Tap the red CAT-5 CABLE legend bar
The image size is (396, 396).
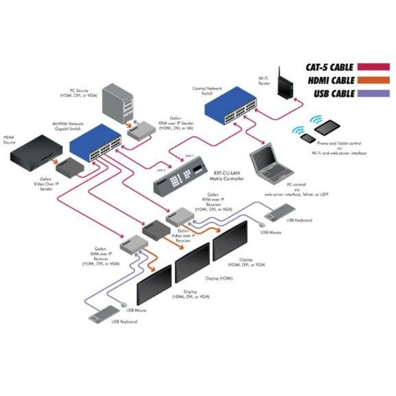[373, 67]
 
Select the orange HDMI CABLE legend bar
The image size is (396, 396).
[373, 80]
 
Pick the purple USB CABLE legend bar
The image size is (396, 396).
[373, 94]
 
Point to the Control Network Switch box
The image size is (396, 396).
[232, 105]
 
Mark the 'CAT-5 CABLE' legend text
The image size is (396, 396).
[329, 67]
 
